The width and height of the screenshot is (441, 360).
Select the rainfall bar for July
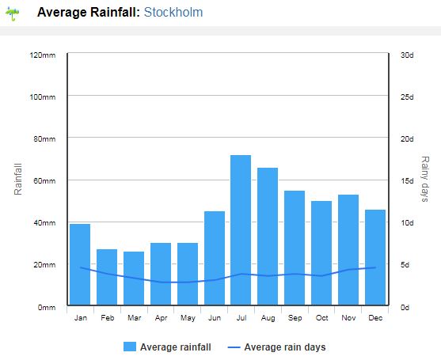[241, 230]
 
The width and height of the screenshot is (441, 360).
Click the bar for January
[80, 264]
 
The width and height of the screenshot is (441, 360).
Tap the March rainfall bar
[134, 279]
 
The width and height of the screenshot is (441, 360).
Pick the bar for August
[268, 237]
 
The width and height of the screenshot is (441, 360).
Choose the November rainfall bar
[348, 250]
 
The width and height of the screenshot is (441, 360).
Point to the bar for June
[215, 258]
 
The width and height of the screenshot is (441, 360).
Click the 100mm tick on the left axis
[43, 97]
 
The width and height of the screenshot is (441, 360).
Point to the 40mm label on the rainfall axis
[44, 223]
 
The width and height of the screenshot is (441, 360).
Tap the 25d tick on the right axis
[407, 97]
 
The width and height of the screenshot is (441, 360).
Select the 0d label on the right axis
[405, 308]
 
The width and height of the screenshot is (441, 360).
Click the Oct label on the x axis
[321, 318]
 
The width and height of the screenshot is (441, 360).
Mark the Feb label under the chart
[108, 318]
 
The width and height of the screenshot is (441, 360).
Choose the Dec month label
[375, 318]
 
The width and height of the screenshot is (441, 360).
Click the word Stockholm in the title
[173, 13]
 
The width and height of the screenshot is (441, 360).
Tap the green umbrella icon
[13, 13]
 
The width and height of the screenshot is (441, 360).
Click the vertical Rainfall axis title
[17, 180]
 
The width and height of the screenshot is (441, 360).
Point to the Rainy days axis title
[425, 179]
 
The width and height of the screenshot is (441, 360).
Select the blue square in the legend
[130, 347]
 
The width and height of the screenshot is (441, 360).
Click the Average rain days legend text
[285, 347]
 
